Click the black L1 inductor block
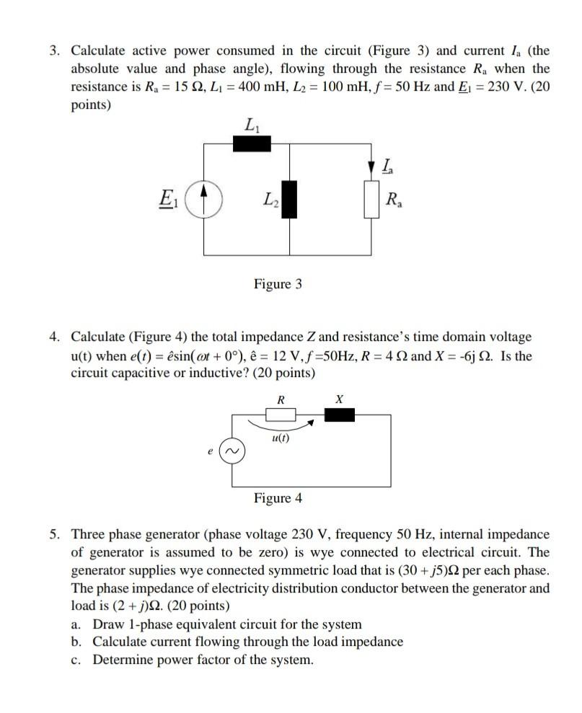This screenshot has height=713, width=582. coord(252,143)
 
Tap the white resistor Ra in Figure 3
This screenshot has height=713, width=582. coord(373,200)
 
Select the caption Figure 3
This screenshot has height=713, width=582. coord(278,284)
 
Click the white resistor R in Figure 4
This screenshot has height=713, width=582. coord(281,414)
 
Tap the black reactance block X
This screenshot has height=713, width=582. coord(340,414)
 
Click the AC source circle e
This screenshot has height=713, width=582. coord(232,451)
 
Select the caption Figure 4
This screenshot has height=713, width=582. coord(278,498)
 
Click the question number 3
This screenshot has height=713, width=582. coord(55,50)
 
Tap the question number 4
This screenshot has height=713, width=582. coord(55,337)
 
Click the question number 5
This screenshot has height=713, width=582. coord(55,534)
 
